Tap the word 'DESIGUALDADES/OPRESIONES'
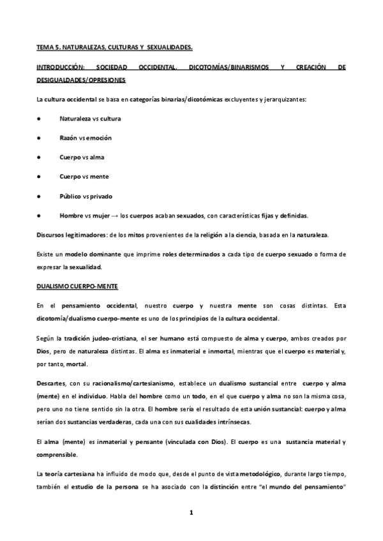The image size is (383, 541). [80, 80]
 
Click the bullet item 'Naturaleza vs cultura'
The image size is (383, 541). [90, 119]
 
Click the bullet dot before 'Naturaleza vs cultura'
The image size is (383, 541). [40, 119]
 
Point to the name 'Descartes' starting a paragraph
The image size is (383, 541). [52, 385]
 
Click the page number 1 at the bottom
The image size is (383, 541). [191, 512]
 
